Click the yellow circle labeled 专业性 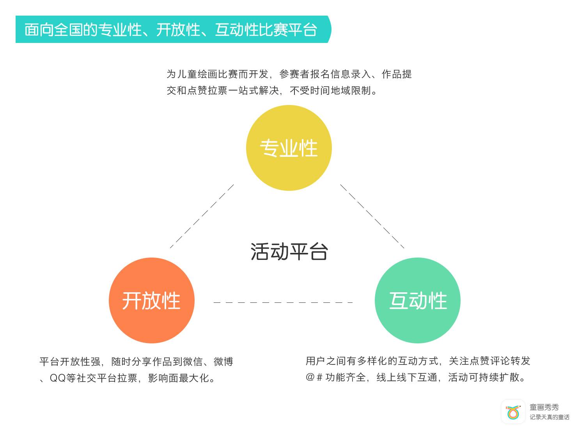coord(289,148)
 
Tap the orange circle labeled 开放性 coord(151,300)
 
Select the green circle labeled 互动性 coord(417,300)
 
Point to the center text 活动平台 coord(289,252)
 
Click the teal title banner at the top coord(172,29)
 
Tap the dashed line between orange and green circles coord(283,302)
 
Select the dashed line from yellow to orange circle coord(202,216)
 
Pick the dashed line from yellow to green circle coord(372,216)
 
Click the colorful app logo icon coord(513,412)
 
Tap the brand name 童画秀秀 coord(544,407)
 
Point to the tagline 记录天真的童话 coord(549,417)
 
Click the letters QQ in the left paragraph coord(58,378)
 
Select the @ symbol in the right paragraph coord(310,377)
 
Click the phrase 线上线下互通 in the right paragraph coord(407,377)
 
